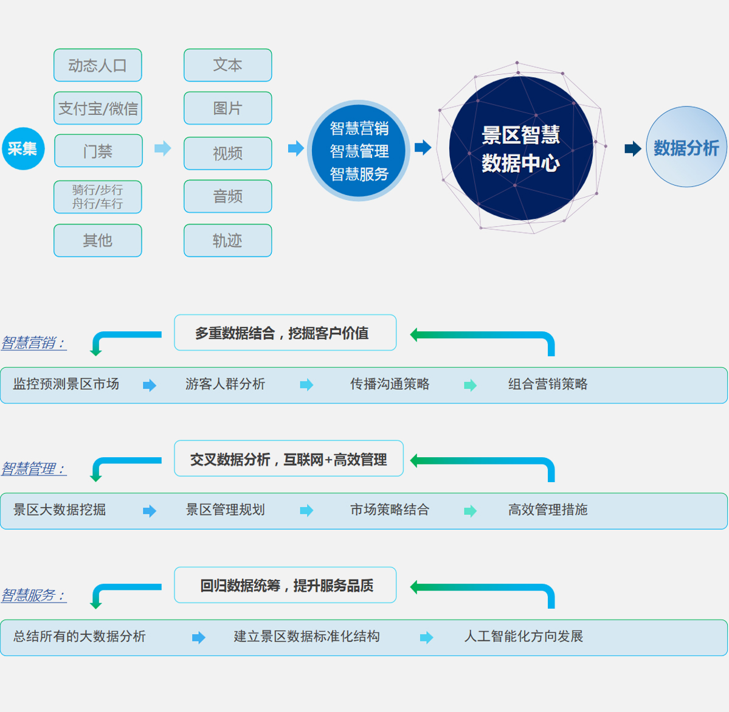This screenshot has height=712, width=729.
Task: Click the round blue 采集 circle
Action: coord(23,148)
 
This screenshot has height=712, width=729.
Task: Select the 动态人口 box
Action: coord(98,65)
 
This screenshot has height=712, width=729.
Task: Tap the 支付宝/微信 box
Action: coord(98,108)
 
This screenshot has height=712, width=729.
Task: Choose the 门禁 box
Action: coord(98,151)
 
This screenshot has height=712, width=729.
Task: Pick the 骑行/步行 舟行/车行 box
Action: coord(98,197)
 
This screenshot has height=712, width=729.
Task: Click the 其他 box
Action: coord(98,240)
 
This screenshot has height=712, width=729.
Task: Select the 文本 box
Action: coord(228,65)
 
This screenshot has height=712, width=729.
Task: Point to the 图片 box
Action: coord(228,108)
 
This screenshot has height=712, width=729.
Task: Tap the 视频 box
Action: coord(228,153)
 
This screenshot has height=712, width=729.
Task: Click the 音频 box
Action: coord(228,196)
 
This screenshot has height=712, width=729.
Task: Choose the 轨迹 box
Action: coord(228,240)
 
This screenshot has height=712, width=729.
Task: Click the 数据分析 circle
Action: coord(686,147)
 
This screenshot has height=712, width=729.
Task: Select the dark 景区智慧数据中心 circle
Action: coord(520,148)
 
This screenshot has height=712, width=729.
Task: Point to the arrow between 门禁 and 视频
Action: coord(163,148)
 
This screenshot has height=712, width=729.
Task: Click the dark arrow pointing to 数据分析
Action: coord(633,148)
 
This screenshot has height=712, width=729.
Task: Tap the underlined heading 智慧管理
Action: coord(34,468)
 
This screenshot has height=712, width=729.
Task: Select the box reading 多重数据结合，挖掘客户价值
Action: coord(285,333)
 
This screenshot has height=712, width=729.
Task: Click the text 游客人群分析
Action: coord(225,384)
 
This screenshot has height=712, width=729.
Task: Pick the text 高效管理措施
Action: coord(548,510)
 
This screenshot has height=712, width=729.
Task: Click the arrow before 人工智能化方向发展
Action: coord(426,637)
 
